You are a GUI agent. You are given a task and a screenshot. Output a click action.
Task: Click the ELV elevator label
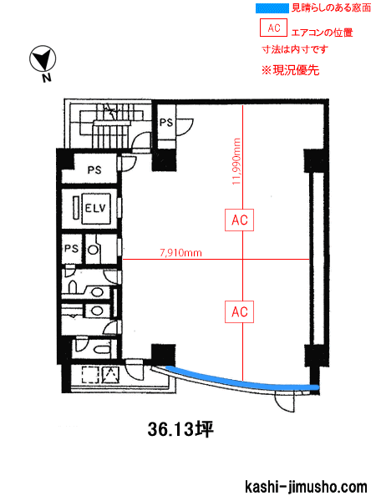click(95, 208)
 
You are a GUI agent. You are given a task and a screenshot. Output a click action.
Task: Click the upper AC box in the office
click(240, 220)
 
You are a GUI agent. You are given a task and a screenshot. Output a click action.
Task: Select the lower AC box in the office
click(240, 311)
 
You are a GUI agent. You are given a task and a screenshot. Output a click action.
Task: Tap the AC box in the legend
click(274, 28)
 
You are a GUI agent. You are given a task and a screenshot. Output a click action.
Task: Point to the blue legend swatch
click(272, 8)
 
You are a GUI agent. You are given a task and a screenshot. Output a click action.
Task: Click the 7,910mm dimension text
click(181, 253)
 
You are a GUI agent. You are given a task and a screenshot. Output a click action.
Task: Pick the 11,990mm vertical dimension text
click(236, 161)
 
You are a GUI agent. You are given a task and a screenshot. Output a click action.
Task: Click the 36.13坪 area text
click(180, 429)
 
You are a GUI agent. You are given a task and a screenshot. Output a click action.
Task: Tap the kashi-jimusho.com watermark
click(306, 487)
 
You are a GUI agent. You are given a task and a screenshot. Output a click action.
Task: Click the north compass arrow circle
click(43, 59)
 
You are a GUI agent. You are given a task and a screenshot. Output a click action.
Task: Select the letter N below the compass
click(47, 78)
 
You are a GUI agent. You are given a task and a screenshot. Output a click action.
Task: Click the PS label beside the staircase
click(166, 123)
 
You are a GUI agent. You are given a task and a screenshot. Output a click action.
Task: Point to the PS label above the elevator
click(94, 170)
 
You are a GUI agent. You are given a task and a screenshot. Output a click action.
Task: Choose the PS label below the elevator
click(71, 248)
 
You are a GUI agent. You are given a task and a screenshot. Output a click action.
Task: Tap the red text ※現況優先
click(290, 70)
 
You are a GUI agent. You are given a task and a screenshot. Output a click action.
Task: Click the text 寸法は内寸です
click(295, 49)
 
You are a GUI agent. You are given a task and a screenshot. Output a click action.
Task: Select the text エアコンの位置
click(323, 33)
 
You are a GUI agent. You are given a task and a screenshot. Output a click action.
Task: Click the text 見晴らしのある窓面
click(331, 8)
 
